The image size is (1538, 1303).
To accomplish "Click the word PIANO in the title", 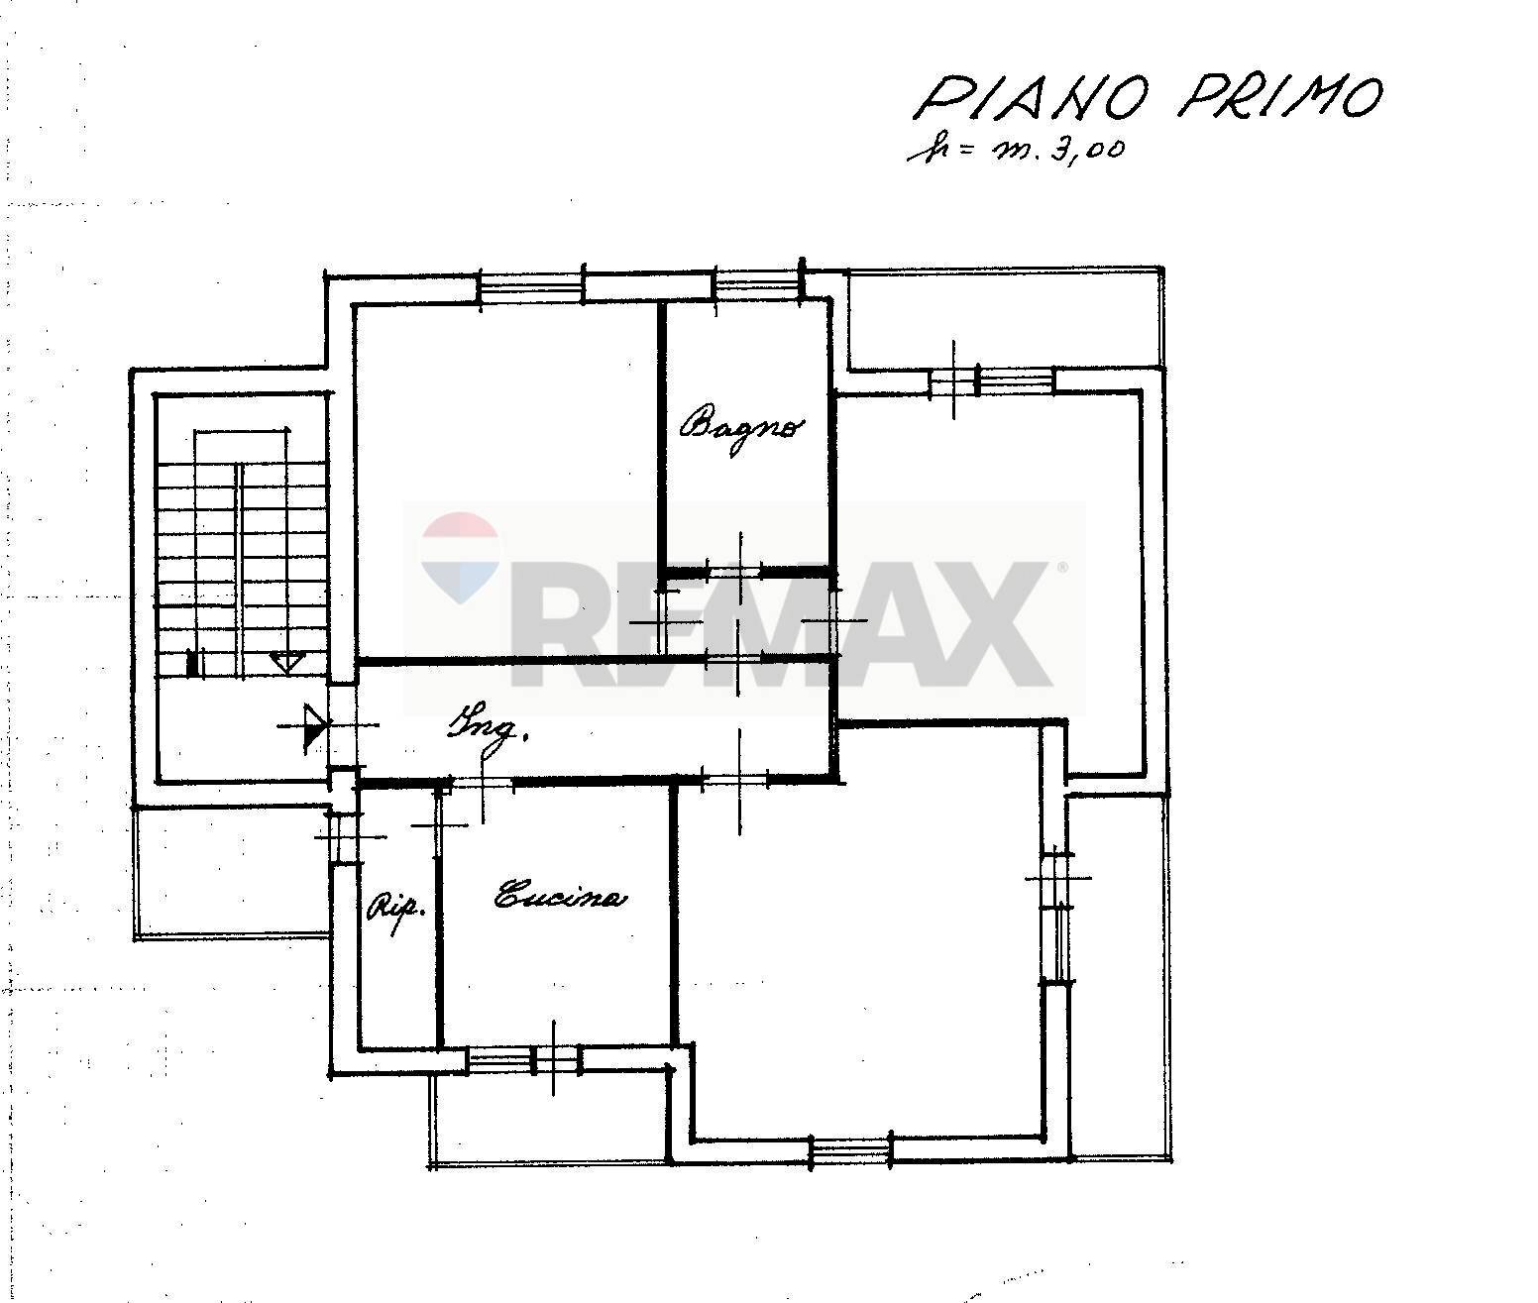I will pos(1032,99).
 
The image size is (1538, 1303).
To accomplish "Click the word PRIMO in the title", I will pos(1278,97).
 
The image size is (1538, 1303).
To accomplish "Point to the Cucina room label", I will pos(561,898).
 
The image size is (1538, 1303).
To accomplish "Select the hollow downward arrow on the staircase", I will pos(285,662).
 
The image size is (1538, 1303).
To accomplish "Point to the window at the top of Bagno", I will pos(756,286).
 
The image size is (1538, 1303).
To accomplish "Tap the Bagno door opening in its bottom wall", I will pos(734,572).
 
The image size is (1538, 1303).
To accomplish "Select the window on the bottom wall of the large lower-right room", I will pos(850,1150).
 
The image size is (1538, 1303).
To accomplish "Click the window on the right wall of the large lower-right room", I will pos(1058,917).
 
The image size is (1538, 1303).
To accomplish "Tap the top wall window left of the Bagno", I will pos(530,287).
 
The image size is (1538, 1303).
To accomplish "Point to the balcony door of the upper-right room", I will pos(991,380).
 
